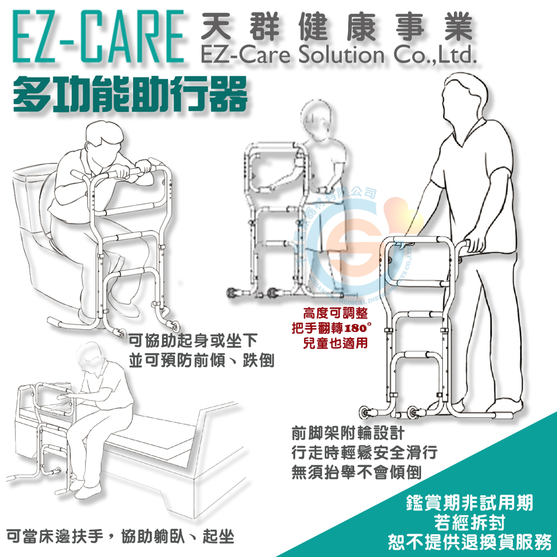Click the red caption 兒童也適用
click(335, 343)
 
